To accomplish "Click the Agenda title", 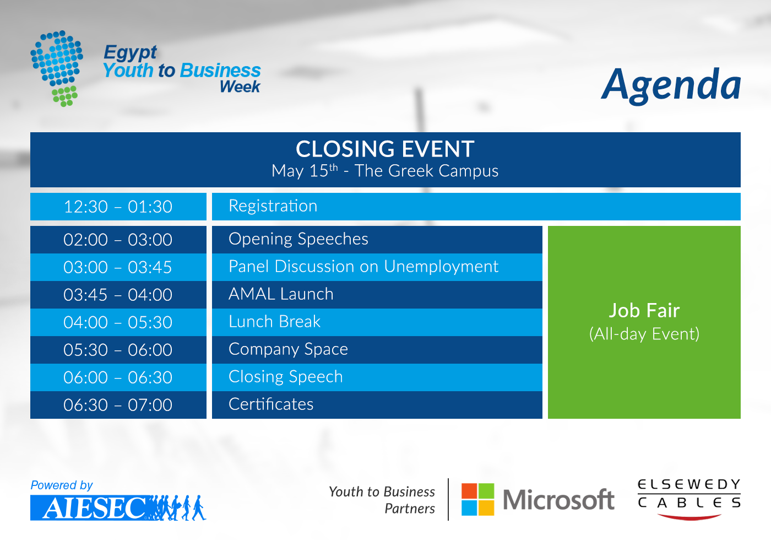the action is pyautogui.click(x=671, y=85).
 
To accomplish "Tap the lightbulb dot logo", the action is pyautogui.click(x=57, y=68).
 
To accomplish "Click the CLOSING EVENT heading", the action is pyautogui.click(x=385, y=149).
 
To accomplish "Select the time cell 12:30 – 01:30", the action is pyautogui.click(x=118, y=207).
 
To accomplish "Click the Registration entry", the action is pyautogui.click(x=273, y=206).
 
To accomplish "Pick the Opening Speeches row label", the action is pyautogui.click(x=298, y=239).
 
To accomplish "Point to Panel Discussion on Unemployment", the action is pyautogui.click(x=363, y=267).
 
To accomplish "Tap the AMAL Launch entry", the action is pyautogui.click(x=281, y=294).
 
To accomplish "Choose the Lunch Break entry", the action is pyautogui.click(x=275, y=322).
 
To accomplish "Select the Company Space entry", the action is pyautogui.click(x=289, y=349).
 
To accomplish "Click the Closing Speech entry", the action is pyautogui.click(x=286, y=377).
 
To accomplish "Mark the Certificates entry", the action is pyautogui.click(x=271, y=404).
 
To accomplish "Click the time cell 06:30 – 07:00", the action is pyautogui.click(x=118, y=405).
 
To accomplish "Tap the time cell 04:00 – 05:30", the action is pyautogui.click(x=118, y=322).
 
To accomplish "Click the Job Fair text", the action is pyautogui.click(x=644, y=310).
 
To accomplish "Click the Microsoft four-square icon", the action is pyautogui.click(x=478, y=499).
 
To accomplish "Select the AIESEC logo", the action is pyautogui.click(x=118, y=507).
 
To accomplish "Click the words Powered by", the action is pyautogui.click(x=62, y=485).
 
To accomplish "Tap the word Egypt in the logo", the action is pyautogui.click(x=130, y=53).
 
